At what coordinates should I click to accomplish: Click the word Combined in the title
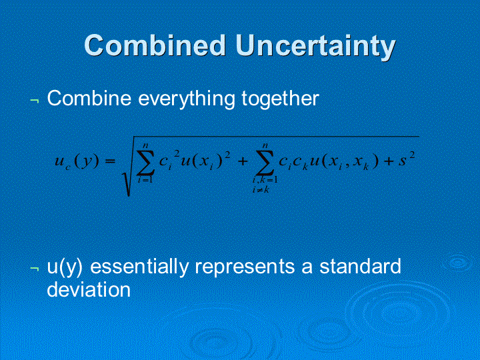click(x=155, y=45)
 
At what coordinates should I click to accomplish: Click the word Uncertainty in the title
click(x=315, y=47)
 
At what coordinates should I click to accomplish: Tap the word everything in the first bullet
click(x=187, y=99)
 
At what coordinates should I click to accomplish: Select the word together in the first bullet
click(x=280, y=99)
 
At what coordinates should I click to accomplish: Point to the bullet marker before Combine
click(x=34, y=100)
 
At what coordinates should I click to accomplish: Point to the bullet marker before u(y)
click(x=34, y=269)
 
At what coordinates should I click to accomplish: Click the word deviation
click(x=89, y=289)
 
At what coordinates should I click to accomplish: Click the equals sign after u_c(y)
click(x=110, y=161)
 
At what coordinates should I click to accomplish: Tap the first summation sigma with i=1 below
click(x=145, y=162)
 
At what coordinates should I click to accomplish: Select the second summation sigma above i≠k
click(x=265, y=162)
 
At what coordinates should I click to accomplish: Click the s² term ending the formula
click(x=407, y=159)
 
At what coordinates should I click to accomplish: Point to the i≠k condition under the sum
click(x=261, y=189)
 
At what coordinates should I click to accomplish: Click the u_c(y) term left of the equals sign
click(x=77, y=161)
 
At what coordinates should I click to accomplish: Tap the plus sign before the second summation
click(x=243, y=161)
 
